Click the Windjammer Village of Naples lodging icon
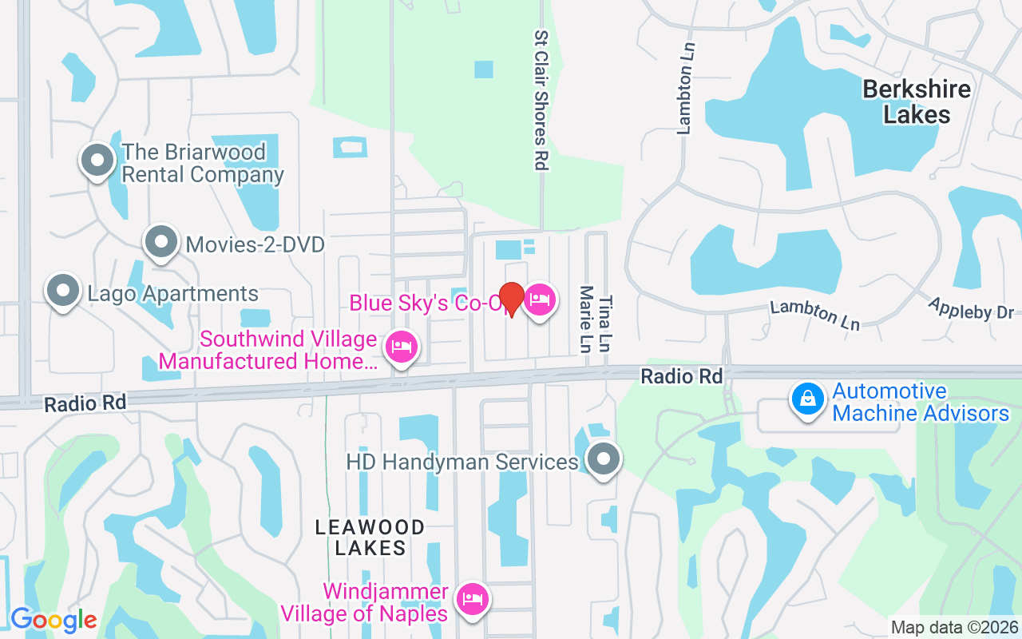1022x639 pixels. tap(473, 599)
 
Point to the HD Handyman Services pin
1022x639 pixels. tap(604, 460)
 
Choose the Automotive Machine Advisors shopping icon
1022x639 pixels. tap(808, 399)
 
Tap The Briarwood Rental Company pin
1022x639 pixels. tap(97, 160)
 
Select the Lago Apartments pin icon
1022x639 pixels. tap(63, 292)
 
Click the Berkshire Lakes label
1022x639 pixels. tap(917, 101)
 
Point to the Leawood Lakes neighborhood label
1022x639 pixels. tap(370, 538)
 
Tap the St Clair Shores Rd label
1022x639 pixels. tap(541, 100)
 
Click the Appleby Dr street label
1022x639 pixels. tap(970, 308)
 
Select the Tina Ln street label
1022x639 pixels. tap(606, 323)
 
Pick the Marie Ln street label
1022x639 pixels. tap(587, 319)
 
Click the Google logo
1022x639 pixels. tap(53, 620)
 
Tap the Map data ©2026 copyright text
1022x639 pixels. tap(954, 628)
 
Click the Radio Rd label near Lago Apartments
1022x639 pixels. tap(85, 403)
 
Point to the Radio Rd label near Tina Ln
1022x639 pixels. tap(681, 376)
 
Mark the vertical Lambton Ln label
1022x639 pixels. tap(684, 88)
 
